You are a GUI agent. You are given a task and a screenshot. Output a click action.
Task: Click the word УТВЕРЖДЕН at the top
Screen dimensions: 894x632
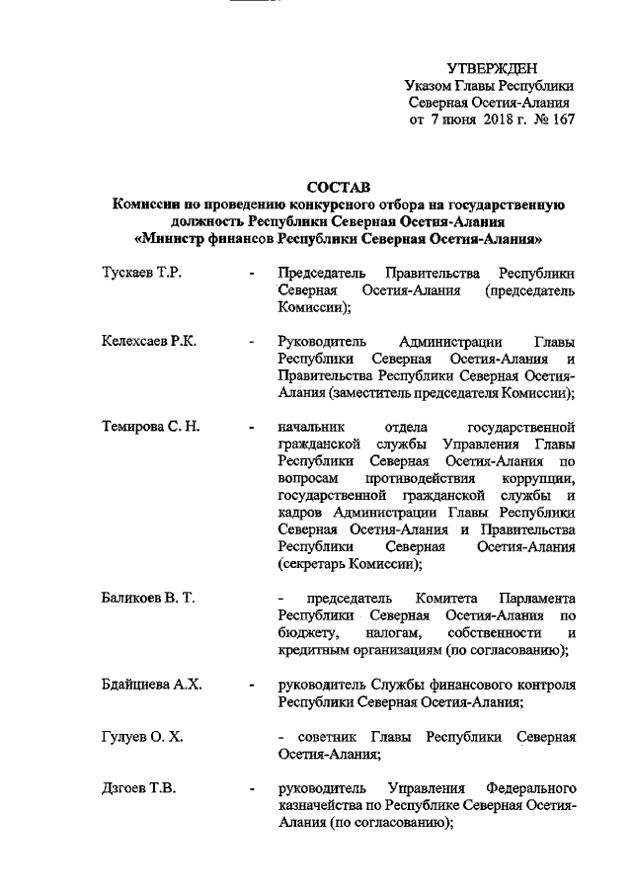coord(492,68)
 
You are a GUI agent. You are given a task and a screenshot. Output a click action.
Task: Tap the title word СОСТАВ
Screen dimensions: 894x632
coord(337,187)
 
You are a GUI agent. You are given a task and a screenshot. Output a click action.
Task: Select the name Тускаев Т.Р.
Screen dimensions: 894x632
coord(141,272)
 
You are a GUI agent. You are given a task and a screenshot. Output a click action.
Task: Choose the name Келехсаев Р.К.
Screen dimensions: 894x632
coord(149,341)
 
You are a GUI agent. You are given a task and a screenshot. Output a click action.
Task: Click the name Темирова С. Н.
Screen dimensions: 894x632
coord(151,427)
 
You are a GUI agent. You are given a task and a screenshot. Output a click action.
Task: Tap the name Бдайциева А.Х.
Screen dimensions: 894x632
coord(152,685)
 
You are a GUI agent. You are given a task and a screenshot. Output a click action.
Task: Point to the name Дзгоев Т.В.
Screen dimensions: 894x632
coord(140,788)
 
